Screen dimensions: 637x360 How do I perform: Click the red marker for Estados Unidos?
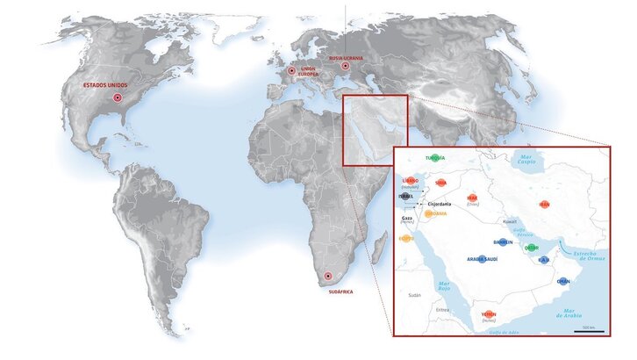[117, 97]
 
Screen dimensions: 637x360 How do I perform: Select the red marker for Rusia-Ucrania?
[345, 66]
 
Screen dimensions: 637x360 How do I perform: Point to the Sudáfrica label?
[338, 292]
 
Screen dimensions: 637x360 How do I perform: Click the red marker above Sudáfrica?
[328, 277]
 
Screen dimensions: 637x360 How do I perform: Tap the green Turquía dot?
[436, 158]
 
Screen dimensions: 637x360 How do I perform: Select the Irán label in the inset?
[544, 205]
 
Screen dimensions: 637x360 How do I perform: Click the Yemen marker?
[489, 314]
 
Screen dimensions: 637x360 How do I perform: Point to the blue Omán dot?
[563, 281]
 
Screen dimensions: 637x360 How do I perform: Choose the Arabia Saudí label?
[482, 259]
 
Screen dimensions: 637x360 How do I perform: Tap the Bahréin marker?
[502, 242]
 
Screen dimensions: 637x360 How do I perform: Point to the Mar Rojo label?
[444, 285]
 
